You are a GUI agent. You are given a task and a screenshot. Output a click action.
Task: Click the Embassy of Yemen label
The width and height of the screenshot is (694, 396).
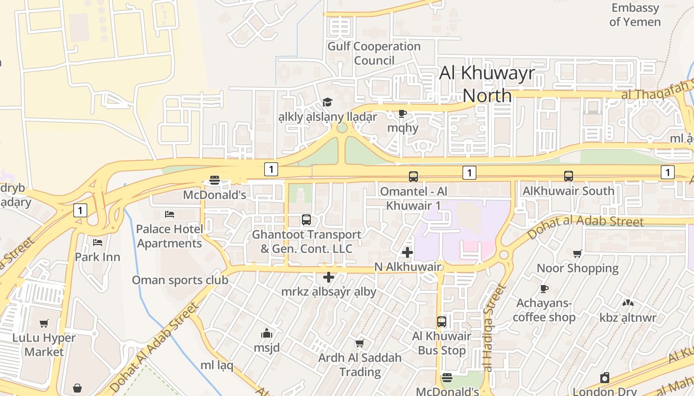[x=635, y=15]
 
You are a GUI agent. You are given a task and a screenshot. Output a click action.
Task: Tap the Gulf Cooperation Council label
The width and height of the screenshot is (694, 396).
[x=374, y=53]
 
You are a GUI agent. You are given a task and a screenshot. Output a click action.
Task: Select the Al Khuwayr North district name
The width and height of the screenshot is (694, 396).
[x=487, y=84]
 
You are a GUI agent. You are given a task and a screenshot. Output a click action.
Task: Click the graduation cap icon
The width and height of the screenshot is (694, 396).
[x=327, y=102]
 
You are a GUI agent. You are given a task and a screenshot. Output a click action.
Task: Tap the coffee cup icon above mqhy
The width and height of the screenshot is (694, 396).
[x=403, y=114]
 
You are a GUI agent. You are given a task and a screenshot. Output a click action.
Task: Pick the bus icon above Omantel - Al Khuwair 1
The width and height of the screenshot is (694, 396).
[x=413, y=176]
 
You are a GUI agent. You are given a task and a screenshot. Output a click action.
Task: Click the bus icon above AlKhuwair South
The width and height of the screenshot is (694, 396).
[x=569, y=176]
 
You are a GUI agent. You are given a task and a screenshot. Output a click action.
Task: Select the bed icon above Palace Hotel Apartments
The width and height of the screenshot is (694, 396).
[x=170, y=214]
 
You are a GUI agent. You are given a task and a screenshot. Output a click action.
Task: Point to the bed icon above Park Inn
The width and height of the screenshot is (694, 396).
[x=98, y=243]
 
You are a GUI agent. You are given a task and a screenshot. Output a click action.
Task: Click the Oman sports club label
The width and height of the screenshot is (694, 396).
[x=180, y=280]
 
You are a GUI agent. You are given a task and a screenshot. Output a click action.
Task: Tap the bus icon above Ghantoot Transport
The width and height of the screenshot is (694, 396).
[x=306, y=219]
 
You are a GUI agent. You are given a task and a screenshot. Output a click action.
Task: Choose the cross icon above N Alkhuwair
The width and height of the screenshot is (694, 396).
[x=407, y=253]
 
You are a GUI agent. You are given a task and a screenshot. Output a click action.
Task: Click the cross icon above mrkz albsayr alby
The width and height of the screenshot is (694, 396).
[x=328, y=278]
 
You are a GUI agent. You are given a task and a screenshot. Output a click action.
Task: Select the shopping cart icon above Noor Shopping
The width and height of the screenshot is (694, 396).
[x=578, y=254]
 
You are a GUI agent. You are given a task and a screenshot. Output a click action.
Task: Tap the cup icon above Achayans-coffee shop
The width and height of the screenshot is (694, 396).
[x=544, y=289]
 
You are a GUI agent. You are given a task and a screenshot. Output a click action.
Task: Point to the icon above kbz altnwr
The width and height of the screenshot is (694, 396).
[x=628, y=303]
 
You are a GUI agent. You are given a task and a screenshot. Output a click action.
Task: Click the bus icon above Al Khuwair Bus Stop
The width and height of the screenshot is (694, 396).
[x=442, y=322]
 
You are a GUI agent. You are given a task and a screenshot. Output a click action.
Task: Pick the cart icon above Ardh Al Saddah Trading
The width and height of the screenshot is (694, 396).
[x=360, y=343]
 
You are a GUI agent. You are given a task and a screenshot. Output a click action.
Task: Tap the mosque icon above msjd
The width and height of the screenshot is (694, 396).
[x=267, y=333]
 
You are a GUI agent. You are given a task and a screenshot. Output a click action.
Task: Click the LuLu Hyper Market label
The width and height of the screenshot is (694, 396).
[x=44, y=345]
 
